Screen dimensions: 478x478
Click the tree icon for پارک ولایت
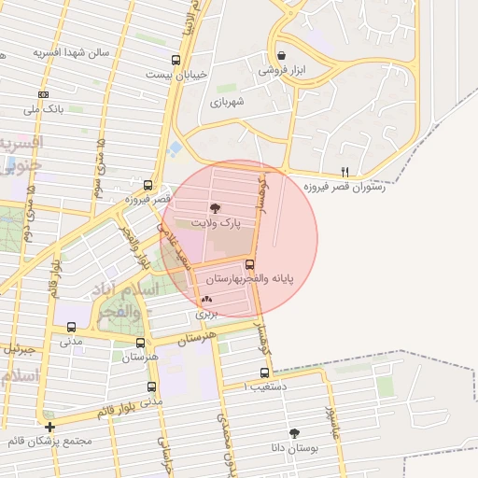(216, 209)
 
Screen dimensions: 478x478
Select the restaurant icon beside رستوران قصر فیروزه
(345, 172)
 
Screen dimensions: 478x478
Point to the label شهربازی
(227, 102)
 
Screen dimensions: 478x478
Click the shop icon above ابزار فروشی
(282, 56)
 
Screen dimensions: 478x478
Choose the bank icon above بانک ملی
(43, 94)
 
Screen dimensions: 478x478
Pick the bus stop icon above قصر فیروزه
(148, 185)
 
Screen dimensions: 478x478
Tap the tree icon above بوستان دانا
(295, 433)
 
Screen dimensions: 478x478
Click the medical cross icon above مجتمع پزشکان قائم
(49, 427)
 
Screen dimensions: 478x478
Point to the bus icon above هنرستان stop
(141, 343)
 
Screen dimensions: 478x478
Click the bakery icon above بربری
(206, 300)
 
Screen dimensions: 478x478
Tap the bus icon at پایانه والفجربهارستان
(250, 264)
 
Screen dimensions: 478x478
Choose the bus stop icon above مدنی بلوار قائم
(151, 387)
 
